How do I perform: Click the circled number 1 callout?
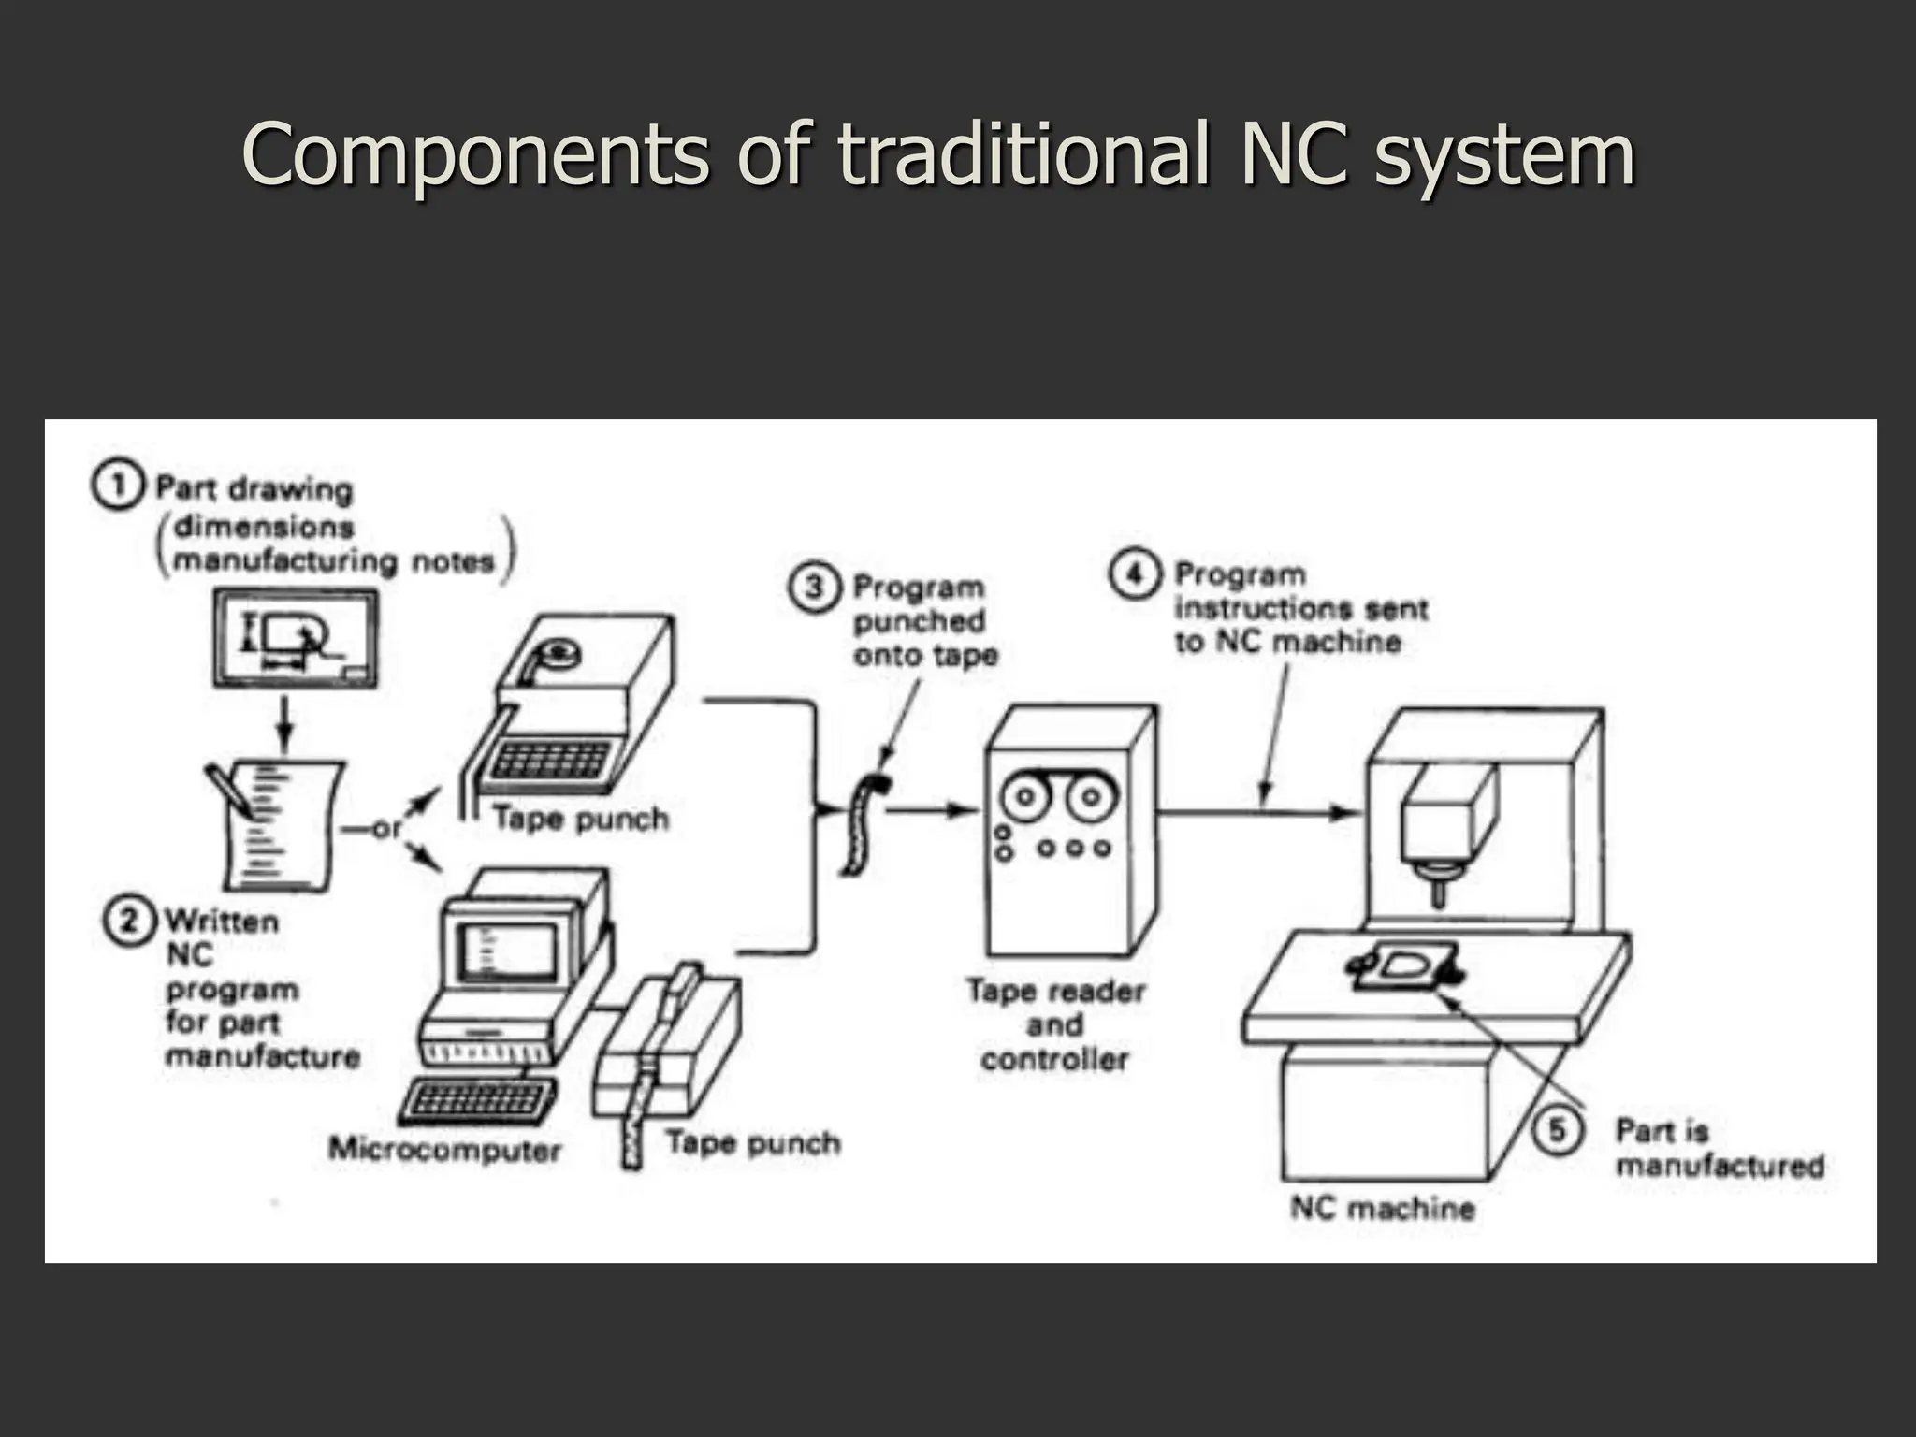(118, 487)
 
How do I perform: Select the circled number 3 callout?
(814, 588)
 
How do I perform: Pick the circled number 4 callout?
(1134, 573)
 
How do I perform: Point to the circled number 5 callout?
(1558, 1130)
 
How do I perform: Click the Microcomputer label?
(444, 1150)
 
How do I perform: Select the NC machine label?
(1382, 1208)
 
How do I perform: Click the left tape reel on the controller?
(1026, 798)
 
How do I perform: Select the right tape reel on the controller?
(1088, 798)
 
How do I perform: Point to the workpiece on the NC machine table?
(1403, 968)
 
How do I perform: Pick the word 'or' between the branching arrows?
(386, 829)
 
